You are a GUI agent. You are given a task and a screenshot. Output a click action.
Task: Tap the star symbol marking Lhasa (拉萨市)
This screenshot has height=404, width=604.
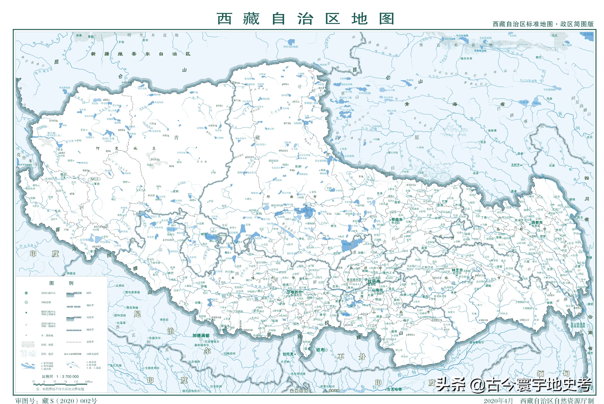coord(366,280)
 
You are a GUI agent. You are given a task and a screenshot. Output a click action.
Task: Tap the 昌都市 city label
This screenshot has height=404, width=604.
coord(537,222)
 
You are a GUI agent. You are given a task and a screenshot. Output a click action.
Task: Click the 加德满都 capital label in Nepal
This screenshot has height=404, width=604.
coord(201,335)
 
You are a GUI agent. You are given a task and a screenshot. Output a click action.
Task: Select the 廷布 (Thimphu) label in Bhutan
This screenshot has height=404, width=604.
coord(320,350)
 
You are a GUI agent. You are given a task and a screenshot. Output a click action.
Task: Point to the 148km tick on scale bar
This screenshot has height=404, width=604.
coord(88,382)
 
